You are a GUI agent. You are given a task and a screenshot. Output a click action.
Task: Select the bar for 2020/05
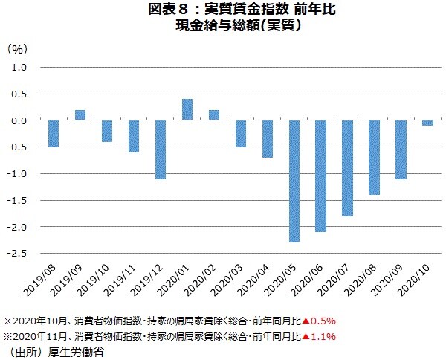[294, 181]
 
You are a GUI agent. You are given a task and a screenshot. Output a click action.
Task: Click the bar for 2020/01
[187, 109]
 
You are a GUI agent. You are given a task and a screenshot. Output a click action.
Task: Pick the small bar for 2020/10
[428, 123]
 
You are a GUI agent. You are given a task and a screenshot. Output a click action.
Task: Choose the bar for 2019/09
[80, 115]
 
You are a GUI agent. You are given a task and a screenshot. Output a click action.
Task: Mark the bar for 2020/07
[348, 168]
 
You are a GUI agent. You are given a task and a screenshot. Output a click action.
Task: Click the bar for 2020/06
[321, 176]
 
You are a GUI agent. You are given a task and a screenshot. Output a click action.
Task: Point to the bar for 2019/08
[54, 133]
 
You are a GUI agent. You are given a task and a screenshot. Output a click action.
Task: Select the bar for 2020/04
[268, 139]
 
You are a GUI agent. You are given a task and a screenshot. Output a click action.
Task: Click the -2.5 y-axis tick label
[17, 254]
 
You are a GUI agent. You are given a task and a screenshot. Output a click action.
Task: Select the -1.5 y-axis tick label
[17, 200]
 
